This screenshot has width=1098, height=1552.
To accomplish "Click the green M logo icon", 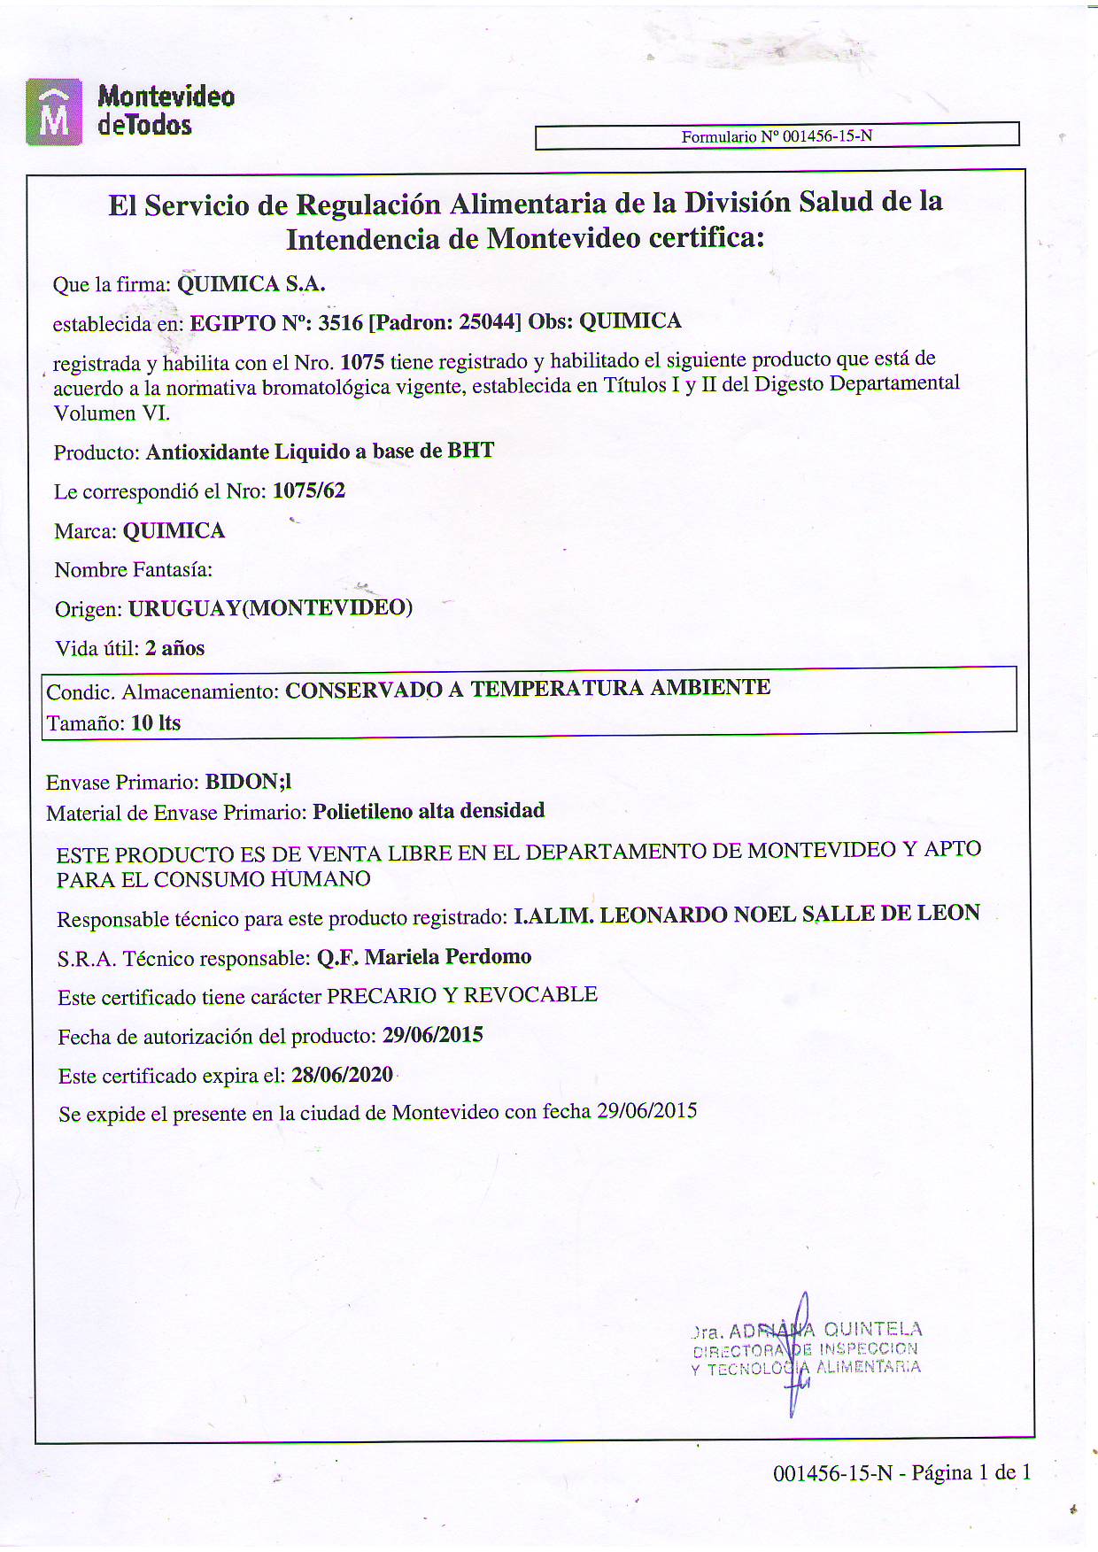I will click(54, 112).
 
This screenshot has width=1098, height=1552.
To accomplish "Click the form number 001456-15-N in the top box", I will click(827, 136).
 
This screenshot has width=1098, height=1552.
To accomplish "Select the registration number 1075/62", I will click(309, 490).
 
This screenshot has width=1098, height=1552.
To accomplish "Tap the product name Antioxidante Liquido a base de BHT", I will click(320, 452).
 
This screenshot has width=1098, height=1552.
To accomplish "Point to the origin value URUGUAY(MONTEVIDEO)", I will click(270, 609).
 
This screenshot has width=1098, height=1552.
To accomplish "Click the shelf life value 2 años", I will click(174, 648).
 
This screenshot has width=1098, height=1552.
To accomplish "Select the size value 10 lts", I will click(156, 723).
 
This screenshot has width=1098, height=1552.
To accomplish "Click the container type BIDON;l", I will click(248, 782).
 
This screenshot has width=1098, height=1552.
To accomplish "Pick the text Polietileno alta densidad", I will click(429, 811).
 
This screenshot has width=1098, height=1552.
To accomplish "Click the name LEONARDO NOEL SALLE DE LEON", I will click(790, 914).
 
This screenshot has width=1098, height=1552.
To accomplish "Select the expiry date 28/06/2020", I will click(342, 1075).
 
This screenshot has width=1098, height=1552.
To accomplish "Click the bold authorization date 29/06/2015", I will click(432, 1035).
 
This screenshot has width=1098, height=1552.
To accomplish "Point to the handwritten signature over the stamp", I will click(800, 1355).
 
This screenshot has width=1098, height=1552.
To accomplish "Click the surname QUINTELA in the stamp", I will click(873, 1329).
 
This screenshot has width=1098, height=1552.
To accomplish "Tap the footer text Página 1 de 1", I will click(971, 1473).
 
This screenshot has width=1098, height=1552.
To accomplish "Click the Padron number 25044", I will click(486, 322).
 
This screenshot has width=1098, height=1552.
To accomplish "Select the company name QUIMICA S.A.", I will click(251, 284).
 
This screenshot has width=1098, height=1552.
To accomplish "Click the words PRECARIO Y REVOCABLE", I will click(462, 995).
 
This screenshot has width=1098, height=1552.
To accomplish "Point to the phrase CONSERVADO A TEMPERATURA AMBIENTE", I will click(528, 689).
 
